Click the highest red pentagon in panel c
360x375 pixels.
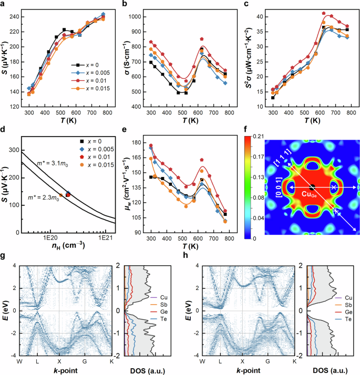pyautogui.click(x=324, y=13)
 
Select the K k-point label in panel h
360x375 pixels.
pyautogui.click(x=294, y=363)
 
